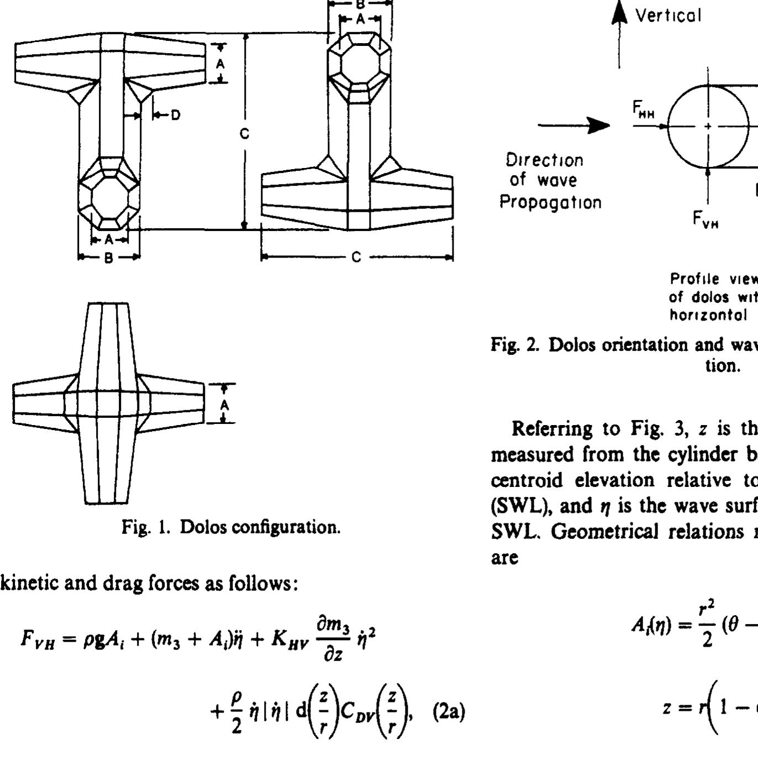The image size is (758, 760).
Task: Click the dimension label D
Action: (x=175, y=115)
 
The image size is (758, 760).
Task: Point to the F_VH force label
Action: (x=706, y=219)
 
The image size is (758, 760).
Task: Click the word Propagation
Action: (x=550, y=202)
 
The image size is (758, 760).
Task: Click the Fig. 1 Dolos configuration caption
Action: (x=231, y=527)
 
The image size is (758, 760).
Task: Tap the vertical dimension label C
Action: (x=245, y=134)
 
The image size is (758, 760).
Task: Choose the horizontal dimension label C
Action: (x=357, y=257)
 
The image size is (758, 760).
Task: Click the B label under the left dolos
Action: (x=109, y=257)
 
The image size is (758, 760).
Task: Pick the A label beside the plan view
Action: (x=224, y=405)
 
